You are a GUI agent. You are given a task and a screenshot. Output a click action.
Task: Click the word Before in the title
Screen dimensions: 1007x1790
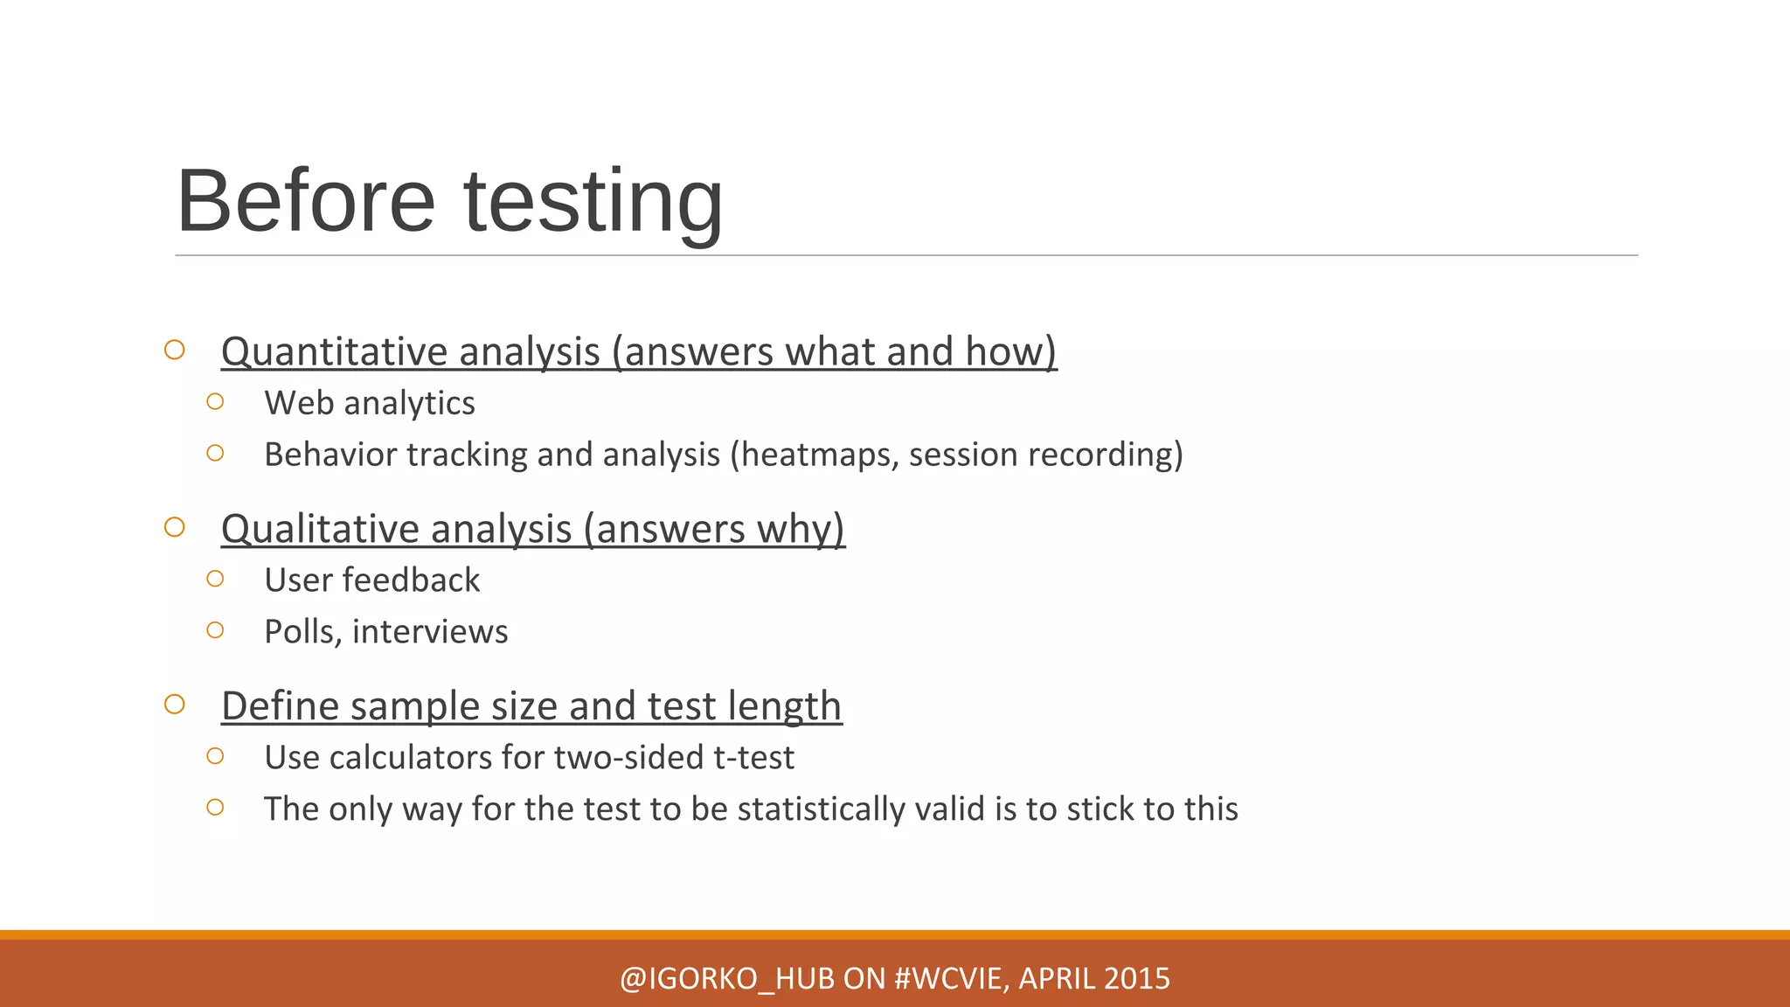pyautogui.click(x=306, y=202)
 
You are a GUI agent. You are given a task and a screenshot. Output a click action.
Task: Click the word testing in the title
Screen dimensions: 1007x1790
pyautogui.click(x=593, y=202)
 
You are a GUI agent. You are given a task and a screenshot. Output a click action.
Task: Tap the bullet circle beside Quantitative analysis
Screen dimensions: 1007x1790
pyautogui.click(x=175, y=350)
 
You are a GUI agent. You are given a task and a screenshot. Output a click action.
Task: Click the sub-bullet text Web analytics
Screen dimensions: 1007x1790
pyautogui.click(x=370, y=403)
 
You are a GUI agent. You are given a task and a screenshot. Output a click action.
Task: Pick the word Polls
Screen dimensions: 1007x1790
pyautogui.click(x=302, y=632)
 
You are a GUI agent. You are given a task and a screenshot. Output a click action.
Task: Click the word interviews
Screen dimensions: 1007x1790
pyautogui.click(x=430, y=632)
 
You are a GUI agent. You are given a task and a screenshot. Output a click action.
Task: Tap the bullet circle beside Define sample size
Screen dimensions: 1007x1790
pyautogui.click(x=175, y=705)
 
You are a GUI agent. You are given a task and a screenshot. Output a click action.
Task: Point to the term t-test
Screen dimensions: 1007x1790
pyautogui.click(x=753, y=758)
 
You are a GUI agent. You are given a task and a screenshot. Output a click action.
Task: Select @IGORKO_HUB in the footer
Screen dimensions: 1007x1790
pyautogui.click(x=727, y=978)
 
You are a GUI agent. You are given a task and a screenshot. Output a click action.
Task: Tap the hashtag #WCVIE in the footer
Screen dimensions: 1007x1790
pyautogui.click(x=951, y=978)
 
